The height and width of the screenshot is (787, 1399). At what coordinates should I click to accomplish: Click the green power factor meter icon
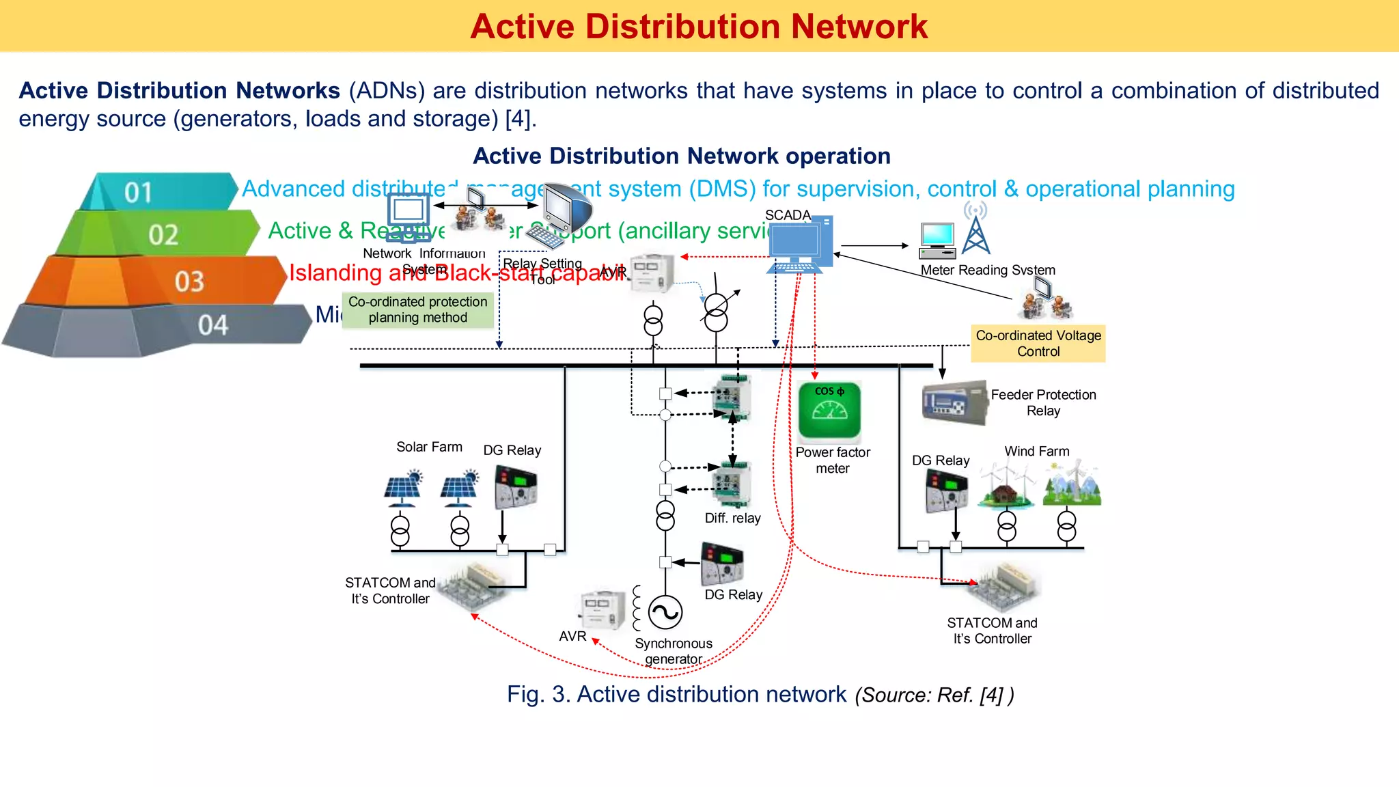(x=829, y=411)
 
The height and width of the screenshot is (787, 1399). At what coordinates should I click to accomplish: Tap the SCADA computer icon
(x=799, y=245)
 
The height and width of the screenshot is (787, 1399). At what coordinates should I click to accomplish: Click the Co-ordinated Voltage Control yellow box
(x=1038, y=344)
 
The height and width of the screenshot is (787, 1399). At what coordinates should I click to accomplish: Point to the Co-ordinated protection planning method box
(x=417, y=310)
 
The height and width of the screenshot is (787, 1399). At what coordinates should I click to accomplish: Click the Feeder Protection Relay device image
(x=954, y=403)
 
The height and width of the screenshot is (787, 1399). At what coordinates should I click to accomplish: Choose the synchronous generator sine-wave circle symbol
(x=665, y=612)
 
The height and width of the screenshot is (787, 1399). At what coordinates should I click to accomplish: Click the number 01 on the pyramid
(x=138, y=193)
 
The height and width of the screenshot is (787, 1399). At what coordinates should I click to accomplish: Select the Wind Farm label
(x=1036, y=452)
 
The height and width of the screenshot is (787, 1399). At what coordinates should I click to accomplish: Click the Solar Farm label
(x=429, y=447)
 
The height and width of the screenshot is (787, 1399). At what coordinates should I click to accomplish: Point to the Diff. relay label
(x=732, y=519)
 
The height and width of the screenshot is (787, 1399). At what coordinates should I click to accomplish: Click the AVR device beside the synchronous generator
(x=602, y=610)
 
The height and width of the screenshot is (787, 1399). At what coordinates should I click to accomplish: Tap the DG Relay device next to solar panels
(x=516, y=487)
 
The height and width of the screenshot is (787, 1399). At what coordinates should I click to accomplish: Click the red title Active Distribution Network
(x=699, y=27)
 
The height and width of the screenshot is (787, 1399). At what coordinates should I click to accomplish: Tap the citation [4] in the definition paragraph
(x=517, y=119)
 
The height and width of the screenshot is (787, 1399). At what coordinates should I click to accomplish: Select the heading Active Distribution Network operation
(x=681, y=156)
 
